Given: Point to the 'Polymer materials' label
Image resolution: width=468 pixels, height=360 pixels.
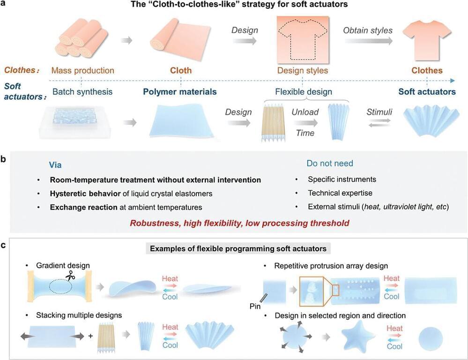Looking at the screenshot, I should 181,92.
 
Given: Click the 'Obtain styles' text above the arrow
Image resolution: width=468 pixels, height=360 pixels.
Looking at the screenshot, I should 368,30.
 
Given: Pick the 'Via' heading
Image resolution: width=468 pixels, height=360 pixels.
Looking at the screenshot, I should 56,165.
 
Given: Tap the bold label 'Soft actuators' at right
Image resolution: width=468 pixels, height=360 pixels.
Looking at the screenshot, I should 427,92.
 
